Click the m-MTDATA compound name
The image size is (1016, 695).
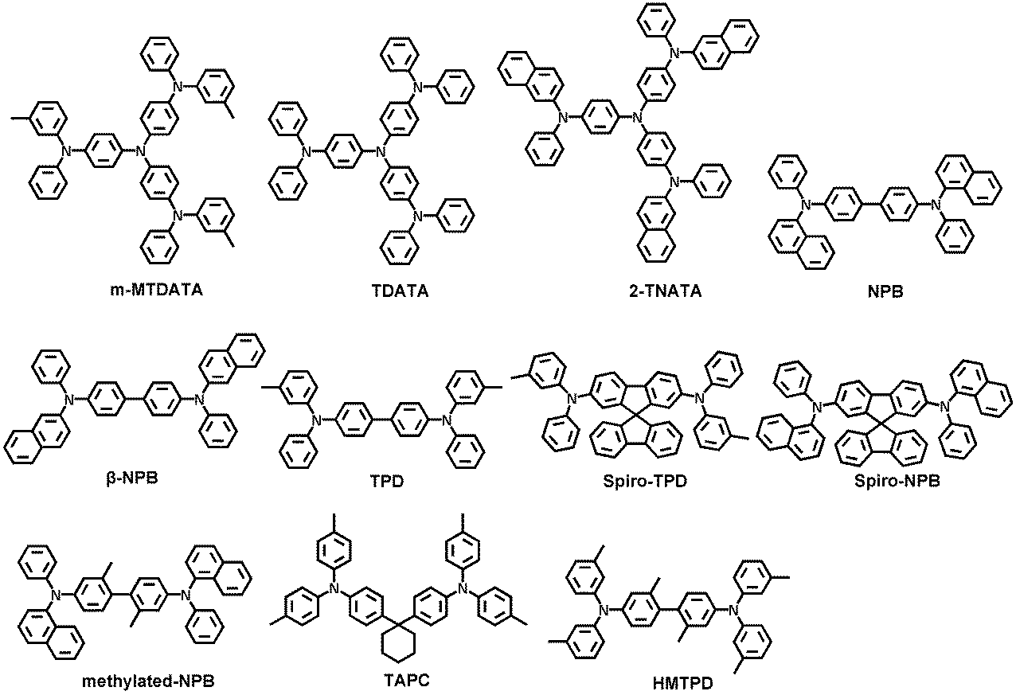click(157, 290)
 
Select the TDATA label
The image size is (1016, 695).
click(400, 291)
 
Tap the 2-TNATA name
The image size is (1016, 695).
click(665, 291)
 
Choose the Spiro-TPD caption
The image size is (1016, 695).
click(645, 481)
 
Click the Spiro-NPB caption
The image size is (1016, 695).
click(897, 481)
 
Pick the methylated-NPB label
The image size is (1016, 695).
click(148, 681)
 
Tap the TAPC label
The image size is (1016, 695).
click(406, 680)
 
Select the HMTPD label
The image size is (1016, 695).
click(683, 683)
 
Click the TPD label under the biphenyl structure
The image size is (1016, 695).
click(387, 481)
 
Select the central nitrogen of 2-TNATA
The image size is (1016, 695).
click(637, 118)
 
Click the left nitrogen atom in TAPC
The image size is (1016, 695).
click(334, 588)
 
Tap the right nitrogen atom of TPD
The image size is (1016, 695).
click(447, 420)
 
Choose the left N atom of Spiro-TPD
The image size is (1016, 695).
click(572, 399)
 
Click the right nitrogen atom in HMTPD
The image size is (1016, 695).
click(733, 611)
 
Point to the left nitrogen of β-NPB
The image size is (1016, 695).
click(69, 400)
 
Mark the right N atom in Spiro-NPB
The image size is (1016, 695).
click(945, 407)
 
